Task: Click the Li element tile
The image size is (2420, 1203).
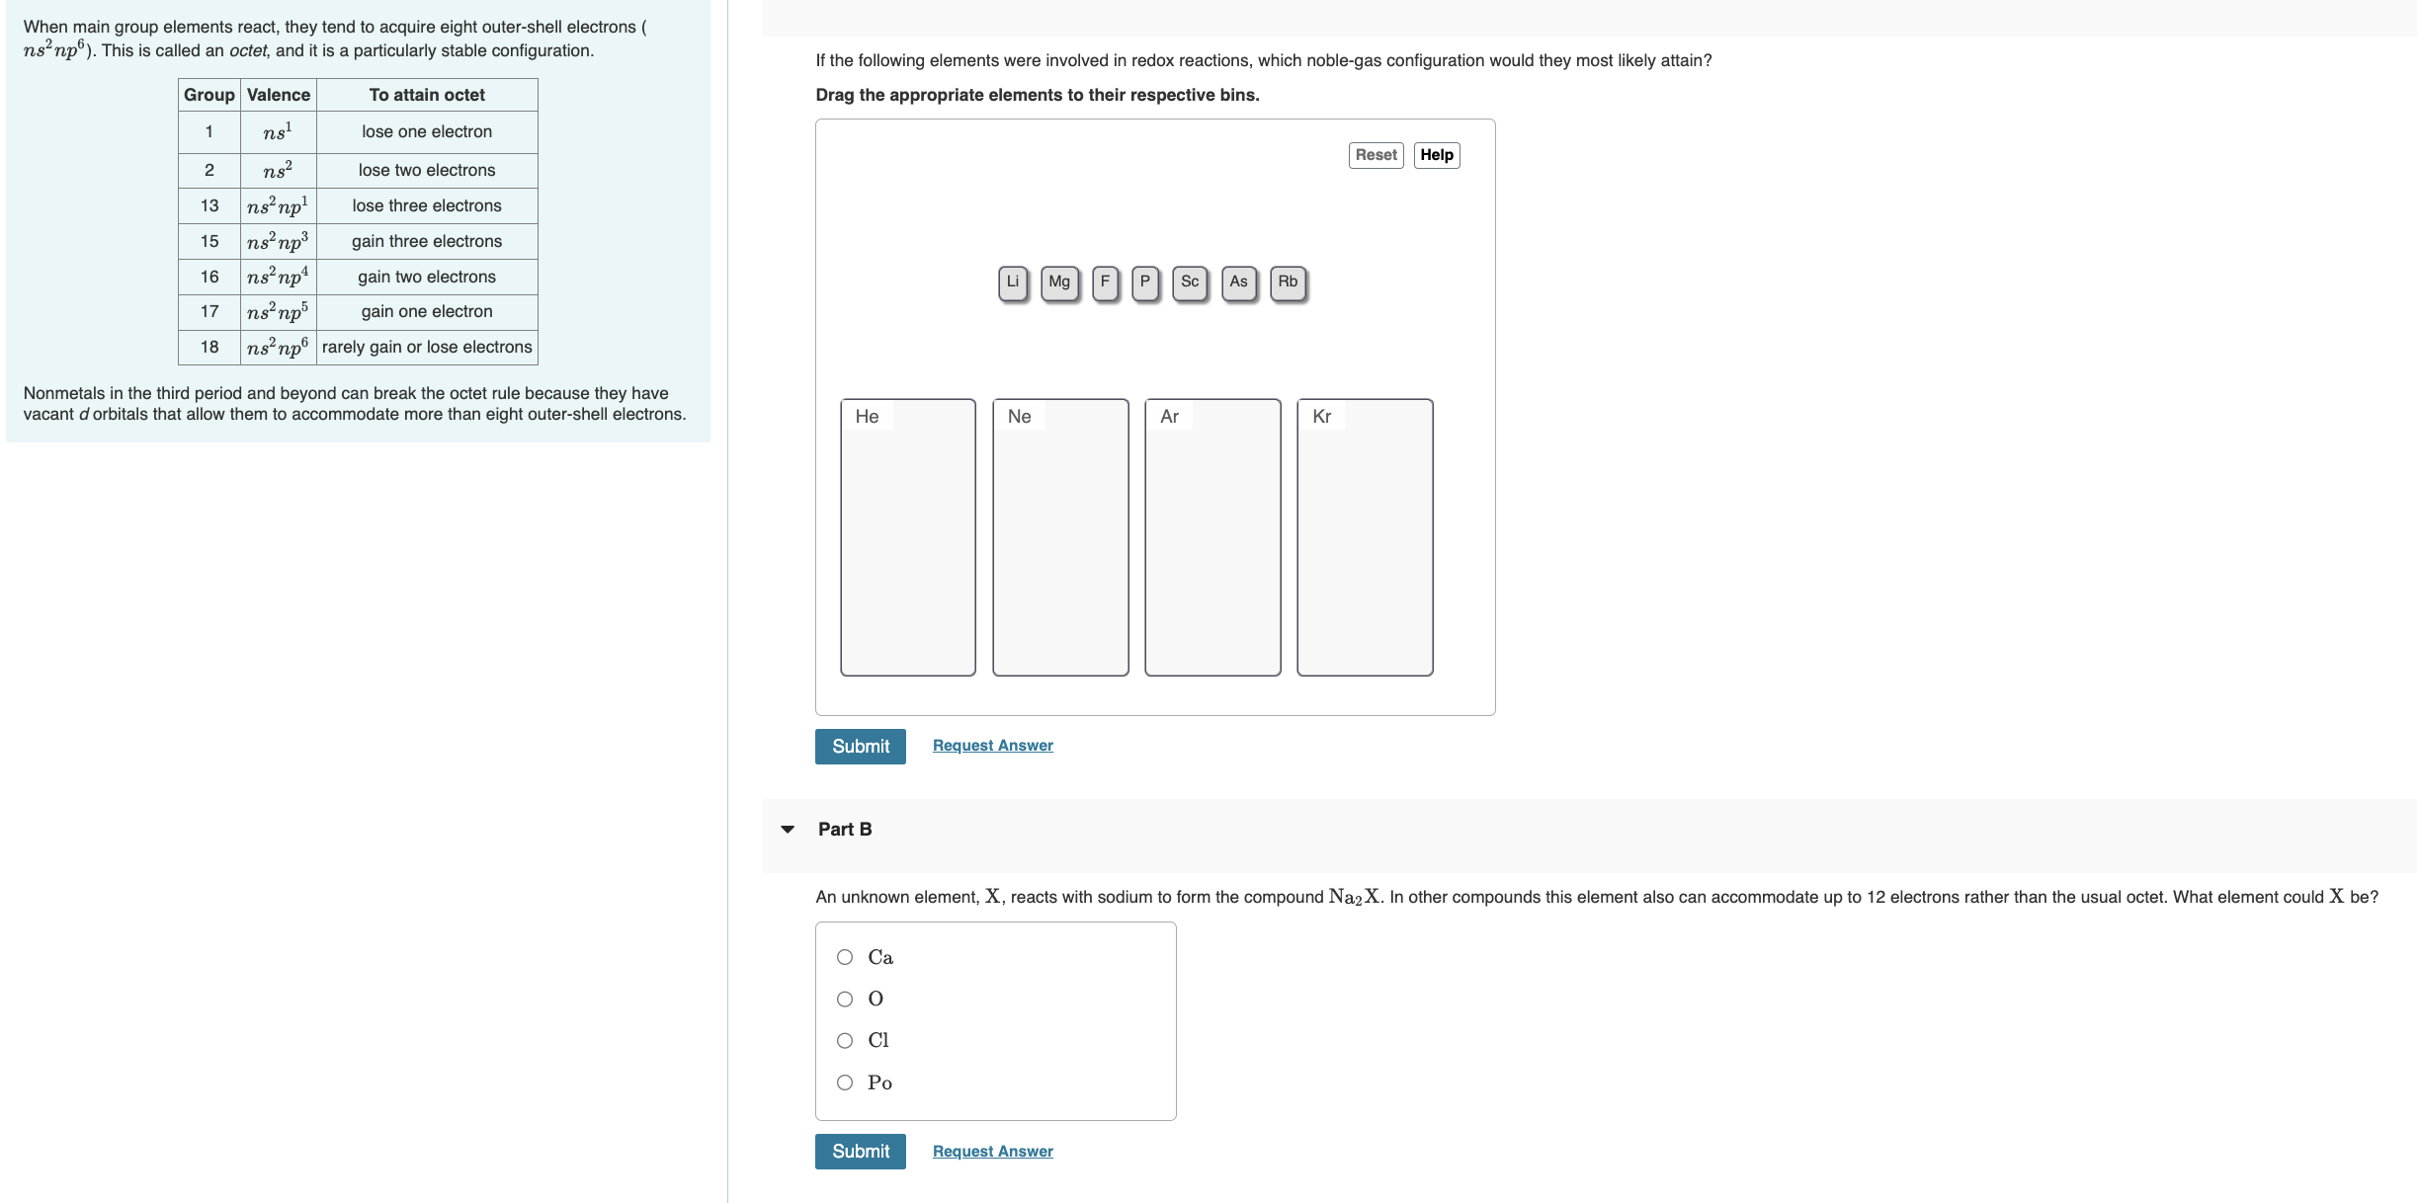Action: pyautogui.click(x=1012, y=282)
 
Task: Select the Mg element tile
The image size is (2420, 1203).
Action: pyautogui.click(x=1059, y=282)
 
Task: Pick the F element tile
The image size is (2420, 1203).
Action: pyautogui.click(x=1105, y=282)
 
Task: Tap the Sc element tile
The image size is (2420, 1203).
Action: pyautogui.click(x=1190, y=282)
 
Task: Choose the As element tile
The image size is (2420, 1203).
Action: pyautogui.click(x=1238, y=282)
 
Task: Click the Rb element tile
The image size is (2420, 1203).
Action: pyautogui.click(x=1288, y=282)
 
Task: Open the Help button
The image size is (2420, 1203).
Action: pyautogui.click(x=1436, y=155)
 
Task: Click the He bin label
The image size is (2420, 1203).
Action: pyautogui.click(x=867, y=417)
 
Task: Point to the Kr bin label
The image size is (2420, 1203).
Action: pyautogui.click(x=1321, y=417)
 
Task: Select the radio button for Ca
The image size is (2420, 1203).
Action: pyautogui.click(x=845, y=957)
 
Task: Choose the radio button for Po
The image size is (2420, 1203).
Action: pyautogui.click(x=845, y=1083)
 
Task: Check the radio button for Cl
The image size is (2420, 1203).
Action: pyautogui.click(x=845, y=1041)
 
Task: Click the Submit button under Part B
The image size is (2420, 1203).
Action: pyautogui.click(x=860, y=1152)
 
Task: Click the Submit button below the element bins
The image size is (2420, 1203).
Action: pyautogui.click(x=860, y=747)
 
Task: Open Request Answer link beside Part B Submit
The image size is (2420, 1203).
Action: pyautogui.click(x=992, y=1152)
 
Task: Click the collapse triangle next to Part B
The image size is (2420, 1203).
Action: pyautogui.click(x=788, y=830)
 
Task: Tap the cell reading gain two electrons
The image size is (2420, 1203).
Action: pyautogui.click(x=427, y=277)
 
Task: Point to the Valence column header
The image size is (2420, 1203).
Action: pyautogui.click(x=278, y=95)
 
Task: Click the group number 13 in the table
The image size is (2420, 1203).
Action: pyautogui.click(x=209, y=205)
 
